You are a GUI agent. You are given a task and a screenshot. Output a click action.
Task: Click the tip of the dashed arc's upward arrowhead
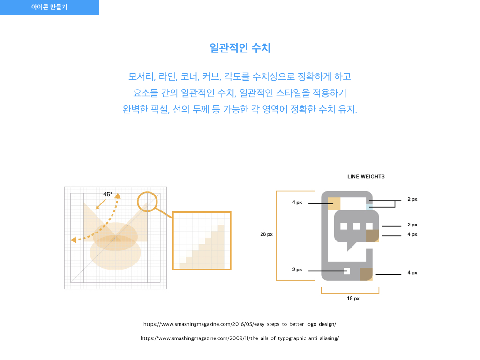click(117, 193)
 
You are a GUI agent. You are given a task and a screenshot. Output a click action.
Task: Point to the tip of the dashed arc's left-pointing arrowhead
click(71, 240)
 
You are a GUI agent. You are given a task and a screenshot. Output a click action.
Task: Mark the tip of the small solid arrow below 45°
click(96, 210)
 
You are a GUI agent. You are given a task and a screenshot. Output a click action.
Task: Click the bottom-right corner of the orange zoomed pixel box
click(231, 270)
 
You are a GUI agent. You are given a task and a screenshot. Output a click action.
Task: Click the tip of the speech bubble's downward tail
click(347, 251)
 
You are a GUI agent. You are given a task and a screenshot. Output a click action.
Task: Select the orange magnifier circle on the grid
click(147, 202)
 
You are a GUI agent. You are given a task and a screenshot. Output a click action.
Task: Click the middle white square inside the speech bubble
click(356, 226)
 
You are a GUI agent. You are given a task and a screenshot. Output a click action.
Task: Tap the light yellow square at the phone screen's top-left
click(334, 204)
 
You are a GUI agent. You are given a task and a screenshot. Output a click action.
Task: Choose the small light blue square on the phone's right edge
click(369, 207)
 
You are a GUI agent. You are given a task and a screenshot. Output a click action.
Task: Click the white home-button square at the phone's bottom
click(347, 271)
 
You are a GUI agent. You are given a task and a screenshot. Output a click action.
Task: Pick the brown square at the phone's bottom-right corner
click(366, 274)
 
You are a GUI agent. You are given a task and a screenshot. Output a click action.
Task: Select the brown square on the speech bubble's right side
click(372, 236)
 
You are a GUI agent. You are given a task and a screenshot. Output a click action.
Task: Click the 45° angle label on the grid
click(108, 195)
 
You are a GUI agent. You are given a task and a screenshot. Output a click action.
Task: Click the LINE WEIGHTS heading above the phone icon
click(366, 177)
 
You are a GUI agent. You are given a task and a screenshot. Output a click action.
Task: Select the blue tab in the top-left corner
click(49, 7)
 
